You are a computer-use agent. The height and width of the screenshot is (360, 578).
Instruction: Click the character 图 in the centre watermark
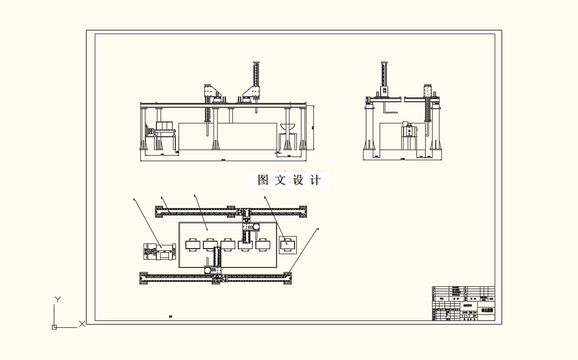tap(263, 180)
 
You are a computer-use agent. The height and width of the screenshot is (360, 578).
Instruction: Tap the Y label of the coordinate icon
tap(58, 299)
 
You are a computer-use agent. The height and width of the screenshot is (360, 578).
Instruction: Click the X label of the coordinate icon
tap(82, 324)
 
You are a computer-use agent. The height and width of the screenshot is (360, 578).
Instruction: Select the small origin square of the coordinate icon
tap(54, 327)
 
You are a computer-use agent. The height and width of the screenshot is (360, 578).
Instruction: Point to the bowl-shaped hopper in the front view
tap(287, 127)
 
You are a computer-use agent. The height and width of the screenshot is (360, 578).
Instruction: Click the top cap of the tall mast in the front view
tap(255, 63)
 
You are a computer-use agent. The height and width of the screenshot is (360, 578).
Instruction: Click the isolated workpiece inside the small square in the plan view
tap(288, 245)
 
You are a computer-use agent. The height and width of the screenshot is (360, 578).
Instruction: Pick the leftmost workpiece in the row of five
tap(193, 244)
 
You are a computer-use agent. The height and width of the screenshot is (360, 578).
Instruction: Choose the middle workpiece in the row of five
tap(228, 244)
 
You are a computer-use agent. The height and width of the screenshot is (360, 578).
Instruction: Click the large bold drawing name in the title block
tap(487, 311)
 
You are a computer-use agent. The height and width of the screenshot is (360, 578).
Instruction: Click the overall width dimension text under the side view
tap(402, 158)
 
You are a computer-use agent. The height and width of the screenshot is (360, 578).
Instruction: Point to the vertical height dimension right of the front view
tap(313, 127)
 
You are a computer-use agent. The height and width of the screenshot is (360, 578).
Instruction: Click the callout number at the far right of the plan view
tap(318, 228)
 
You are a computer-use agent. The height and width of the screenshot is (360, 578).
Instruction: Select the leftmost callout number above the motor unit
tap(134, 199)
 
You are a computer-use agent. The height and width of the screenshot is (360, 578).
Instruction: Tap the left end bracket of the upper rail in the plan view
tap(159, 212)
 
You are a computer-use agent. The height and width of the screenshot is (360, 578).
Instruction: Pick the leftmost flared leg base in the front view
tap(143, 146)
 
